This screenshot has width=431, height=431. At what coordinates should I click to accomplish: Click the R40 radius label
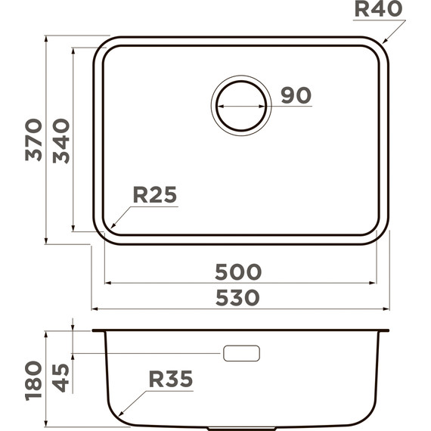point(378,10)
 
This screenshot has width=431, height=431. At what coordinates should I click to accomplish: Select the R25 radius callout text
point(154,195)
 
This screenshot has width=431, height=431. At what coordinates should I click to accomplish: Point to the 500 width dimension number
point(238,271)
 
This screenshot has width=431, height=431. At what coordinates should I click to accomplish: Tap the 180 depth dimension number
point(33,380)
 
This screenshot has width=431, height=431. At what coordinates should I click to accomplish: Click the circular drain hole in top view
point(241,106)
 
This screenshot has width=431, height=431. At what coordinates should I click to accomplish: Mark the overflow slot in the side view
point(241,353)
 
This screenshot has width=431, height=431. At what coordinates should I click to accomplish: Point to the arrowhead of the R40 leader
point(383,43)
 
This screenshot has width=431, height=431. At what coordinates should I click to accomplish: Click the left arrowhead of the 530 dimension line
point(95,309)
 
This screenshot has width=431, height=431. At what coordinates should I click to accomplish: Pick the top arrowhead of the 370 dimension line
point(47,38)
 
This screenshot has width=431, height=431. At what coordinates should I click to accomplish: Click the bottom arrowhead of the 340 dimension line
point(73,228)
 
